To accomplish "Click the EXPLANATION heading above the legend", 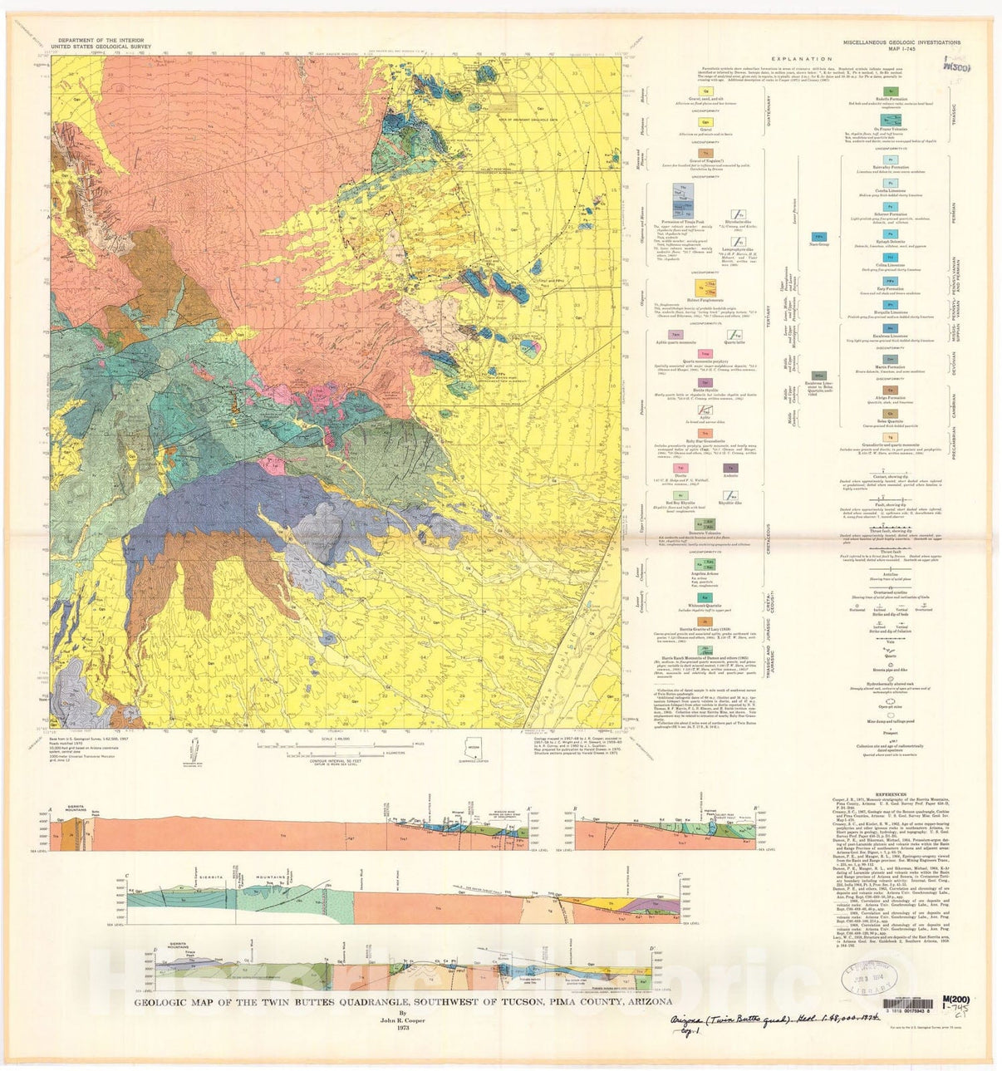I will [x=801, y=59].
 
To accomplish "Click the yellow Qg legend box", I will [x=706, y=90].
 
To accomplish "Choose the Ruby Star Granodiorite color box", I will [x=705, y=434].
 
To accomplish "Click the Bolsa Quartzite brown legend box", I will [x=890, y=413].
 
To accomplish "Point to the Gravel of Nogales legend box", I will [x=705, y=153].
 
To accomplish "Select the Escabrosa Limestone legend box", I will [x=890, y=333].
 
